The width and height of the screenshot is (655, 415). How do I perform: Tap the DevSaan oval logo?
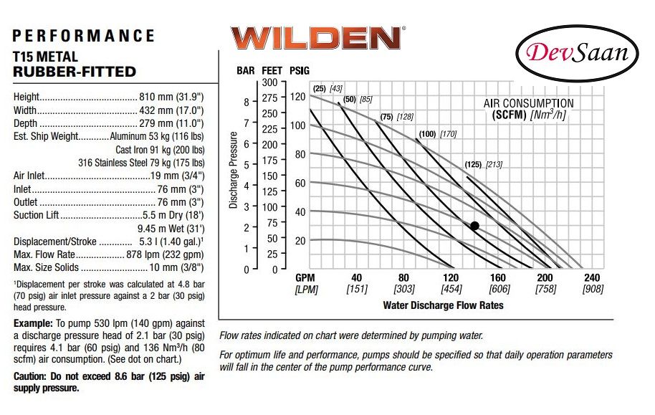[x=578, y=53]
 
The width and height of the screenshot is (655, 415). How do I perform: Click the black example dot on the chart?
[x=474, y=226]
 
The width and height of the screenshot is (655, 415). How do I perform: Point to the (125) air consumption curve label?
[x=472, y=164]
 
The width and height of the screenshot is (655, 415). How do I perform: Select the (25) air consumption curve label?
[x=318, y=88]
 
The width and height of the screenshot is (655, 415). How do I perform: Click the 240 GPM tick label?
[x=591, y=278]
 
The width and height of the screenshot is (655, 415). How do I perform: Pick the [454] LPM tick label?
[x=451, y=290]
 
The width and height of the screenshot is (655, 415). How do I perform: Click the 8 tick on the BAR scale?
[x=246, y=102]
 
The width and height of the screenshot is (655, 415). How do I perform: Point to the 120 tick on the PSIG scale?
[x=298, y=97]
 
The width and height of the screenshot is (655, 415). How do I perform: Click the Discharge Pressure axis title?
[x=234, y=171]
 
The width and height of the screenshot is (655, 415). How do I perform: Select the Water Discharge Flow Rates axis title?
[x=443, y=305]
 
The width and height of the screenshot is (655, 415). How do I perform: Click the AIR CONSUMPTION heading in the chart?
[x=528, y=103]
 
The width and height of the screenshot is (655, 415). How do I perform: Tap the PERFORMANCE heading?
[x=84, y=36]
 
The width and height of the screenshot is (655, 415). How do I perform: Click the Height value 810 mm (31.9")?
[x=172, y=97]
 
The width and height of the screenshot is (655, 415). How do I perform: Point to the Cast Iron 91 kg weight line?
[x=160, y=150]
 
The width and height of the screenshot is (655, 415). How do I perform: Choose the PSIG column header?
[x=299, y=70]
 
